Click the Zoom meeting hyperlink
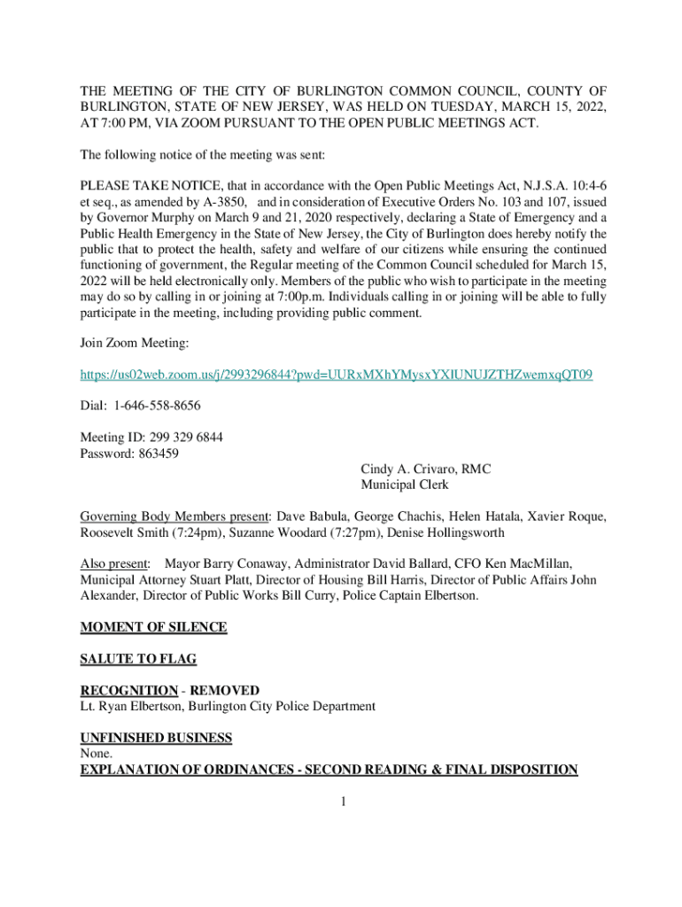337,376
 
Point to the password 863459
158,453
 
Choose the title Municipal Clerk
405,485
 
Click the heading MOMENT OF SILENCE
153,627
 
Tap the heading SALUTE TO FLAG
138,659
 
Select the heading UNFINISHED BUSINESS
156,738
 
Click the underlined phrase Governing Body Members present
174,516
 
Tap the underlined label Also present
114,563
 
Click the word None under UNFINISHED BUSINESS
97,754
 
